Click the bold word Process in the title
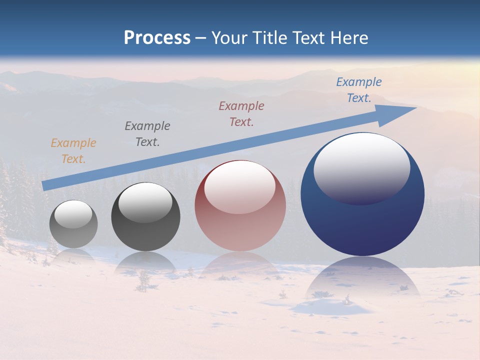(x=157, y=38)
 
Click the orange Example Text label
(x=73, y=151)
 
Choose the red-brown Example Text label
(x=241, y=114)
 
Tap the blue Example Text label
(x=359, y=90)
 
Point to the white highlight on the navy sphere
(x=362, y=167)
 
